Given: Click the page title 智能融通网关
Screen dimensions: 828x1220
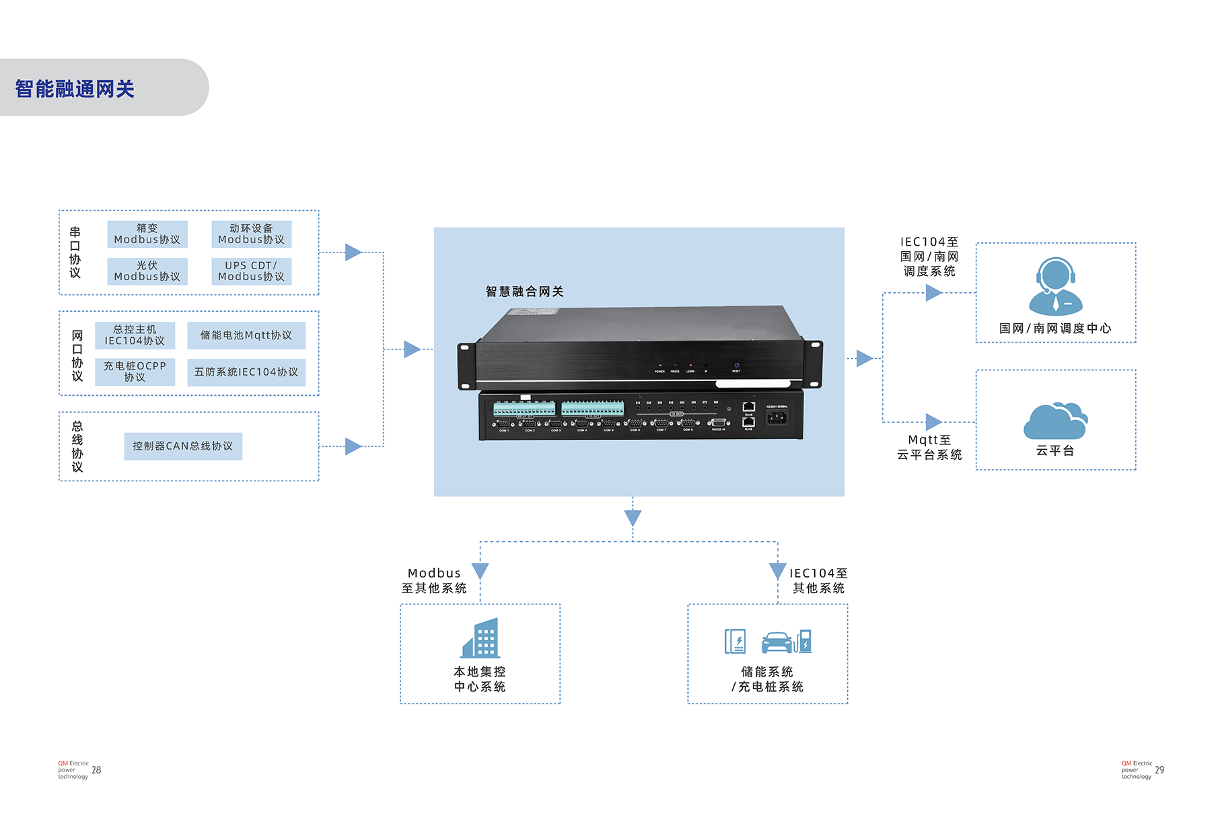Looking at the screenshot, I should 75,89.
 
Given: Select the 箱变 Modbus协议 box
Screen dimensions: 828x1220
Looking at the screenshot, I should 147,234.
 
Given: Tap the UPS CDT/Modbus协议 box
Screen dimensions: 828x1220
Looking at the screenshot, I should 251,271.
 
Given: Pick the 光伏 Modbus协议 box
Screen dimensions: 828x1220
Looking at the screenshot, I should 147,271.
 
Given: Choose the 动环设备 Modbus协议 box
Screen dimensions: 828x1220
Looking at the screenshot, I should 251,234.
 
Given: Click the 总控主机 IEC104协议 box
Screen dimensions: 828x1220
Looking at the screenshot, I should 135,335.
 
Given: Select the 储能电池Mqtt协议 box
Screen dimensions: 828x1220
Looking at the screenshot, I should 246,335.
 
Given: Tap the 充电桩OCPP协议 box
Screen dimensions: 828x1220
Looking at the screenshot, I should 135,372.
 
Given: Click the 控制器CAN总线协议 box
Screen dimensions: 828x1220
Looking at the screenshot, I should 183,446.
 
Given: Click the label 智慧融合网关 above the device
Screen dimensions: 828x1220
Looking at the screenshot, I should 525,291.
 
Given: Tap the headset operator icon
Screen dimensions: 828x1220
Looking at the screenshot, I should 1055,286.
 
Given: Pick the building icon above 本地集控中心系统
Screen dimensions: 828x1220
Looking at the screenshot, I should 480,638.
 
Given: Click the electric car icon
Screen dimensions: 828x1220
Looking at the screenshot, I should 777,642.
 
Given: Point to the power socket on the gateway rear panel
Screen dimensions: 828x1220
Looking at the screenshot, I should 777,417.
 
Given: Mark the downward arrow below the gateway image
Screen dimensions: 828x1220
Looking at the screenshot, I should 633,518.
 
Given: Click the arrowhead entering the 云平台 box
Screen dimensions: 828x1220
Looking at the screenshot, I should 933,422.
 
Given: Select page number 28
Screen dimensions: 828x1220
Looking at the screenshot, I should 96,770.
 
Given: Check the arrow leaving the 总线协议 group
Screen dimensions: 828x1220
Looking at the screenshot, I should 353,446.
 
